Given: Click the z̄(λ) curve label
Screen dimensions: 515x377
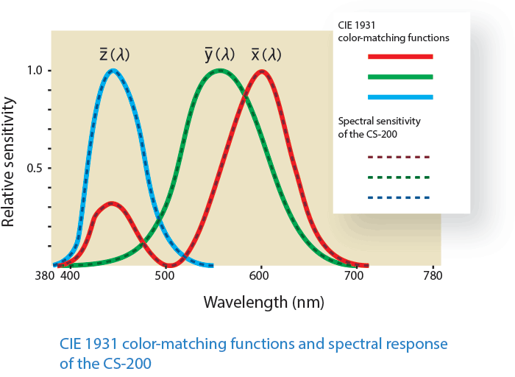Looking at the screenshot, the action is click(x=115, y=54).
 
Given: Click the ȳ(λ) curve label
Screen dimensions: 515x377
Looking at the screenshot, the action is click(x=220, y=54).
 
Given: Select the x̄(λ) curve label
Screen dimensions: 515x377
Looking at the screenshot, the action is click(x=266, y=54).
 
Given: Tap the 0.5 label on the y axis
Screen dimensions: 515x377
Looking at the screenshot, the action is click(x=35, y=168).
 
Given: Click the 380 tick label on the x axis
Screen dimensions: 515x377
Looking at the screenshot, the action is click(x=45, y=275).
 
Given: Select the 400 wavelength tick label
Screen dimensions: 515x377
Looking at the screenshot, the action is click(x=70, y=275).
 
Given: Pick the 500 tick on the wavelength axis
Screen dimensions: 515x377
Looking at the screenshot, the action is click(x=165, y=275).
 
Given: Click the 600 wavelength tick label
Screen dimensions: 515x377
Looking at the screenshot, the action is click(x=259, y=275).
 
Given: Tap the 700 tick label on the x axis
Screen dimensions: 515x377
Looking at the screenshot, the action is click(x=354, y=275).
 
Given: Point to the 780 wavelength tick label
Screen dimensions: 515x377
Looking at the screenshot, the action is click(x=433, y=275).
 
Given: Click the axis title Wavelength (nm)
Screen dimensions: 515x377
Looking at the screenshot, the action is click(x=263, y=302).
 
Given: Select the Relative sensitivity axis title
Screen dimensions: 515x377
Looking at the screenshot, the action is click(x=8, y=162).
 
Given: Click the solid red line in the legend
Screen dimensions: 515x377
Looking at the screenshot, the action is click(x=400, y=57).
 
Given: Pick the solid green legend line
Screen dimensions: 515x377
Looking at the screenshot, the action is click(x=400, y=77).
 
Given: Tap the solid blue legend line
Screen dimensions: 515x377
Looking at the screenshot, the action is click(x=400, y=97).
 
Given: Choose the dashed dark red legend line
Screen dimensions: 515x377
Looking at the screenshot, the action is click(x=399, y=157).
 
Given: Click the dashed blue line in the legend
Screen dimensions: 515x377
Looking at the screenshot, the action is click(x=399, y=197).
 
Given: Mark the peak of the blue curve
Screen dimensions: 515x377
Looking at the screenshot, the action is click(x=113, y=71).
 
